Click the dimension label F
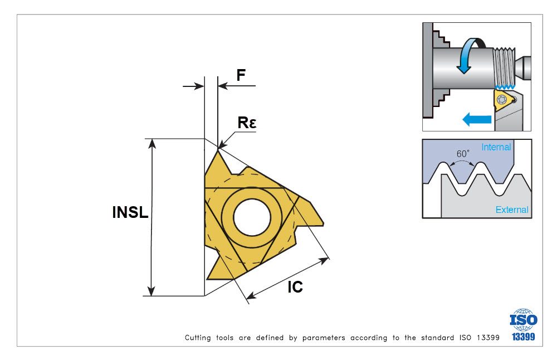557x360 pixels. point(241,75)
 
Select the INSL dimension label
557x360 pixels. point(130,212)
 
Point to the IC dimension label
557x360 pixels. point(295,287)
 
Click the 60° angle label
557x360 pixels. point(463,154)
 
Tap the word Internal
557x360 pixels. point(496,147)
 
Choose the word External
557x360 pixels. point(512,210)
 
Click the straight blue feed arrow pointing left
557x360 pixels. point(476,119)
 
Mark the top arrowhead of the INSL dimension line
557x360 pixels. point(152,143)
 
